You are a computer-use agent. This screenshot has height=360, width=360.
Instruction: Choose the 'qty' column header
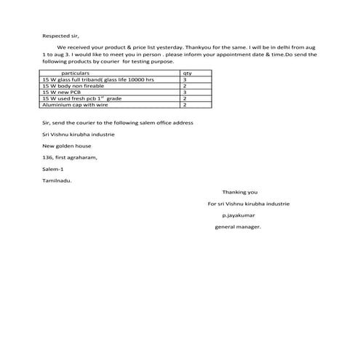click(187, 73)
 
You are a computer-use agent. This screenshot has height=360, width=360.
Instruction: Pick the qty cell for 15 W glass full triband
click(185, 80)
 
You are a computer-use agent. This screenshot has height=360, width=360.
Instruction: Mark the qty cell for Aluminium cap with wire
click(185, 104)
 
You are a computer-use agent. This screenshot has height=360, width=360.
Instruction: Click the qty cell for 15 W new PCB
click(185, 92)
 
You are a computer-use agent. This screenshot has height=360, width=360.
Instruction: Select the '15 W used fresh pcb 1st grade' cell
click(82, 98)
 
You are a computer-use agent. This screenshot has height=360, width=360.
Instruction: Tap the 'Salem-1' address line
click(53, 169)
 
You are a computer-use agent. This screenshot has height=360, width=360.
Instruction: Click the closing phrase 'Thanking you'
click(240, 192)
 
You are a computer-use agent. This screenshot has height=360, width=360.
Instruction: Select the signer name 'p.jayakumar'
click(239, 215)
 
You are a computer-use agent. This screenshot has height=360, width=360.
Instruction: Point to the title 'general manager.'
click(238, 227)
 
